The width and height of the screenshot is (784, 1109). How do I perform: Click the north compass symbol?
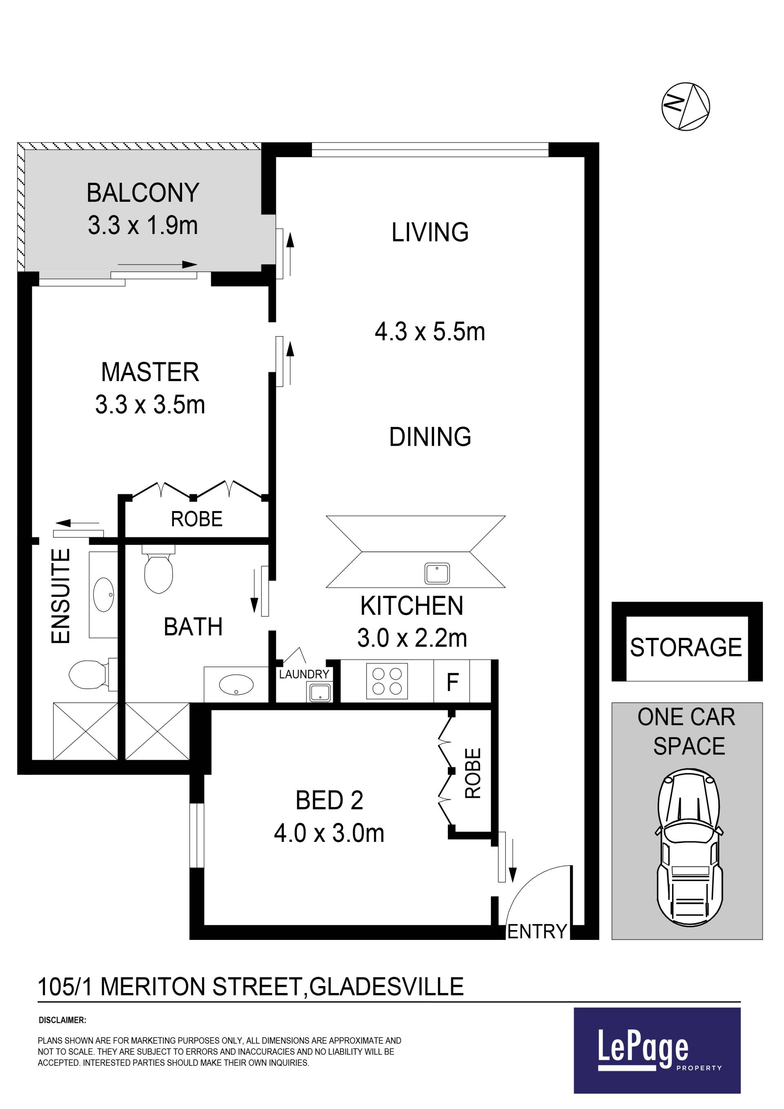point(685,106)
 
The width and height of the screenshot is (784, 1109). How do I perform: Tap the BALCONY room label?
point(143,193)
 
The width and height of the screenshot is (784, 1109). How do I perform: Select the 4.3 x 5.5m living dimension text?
point(430,332)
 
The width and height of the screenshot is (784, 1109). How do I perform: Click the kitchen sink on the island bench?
point(437,573)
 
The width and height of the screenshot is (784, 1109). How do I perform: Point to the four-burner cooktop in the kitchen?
point(387,681)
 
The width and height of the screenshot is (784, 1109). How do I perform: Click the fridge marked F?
point(452,681)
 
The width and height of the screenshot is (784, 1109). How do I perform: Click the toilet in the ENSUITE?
point(93,674)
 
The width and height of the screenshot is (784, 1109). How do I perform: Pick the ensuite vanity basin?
point(103,595)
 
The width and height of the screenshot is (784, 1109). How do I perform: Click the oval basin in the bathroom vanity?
point(236,685)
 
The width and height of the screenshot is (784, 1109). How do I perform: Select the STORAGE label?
point(686,647)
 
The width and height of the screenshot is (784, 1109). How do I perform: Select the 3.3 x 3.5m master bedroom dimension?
point(150,405)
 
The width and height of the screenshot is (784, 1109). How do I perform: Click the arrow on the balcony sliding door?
point(157,264)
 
